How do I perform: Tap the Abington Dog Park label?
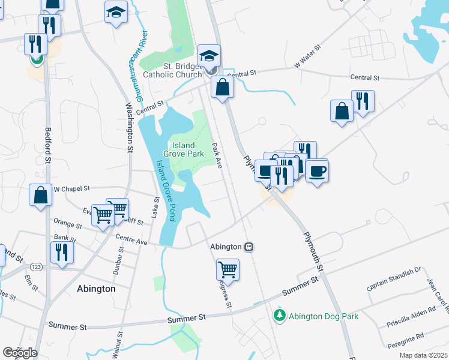[x=324, y=316]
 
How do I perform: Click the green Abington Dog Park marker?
[x=279, y=315]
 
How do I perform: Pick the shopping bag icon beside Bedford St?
[x=40, y=196]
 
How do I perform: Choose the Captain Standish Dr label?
[x=394, y=280]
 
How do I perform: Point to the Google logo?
[x=20, y=352]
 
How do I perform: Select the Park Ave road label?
[x=217, y=155]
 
